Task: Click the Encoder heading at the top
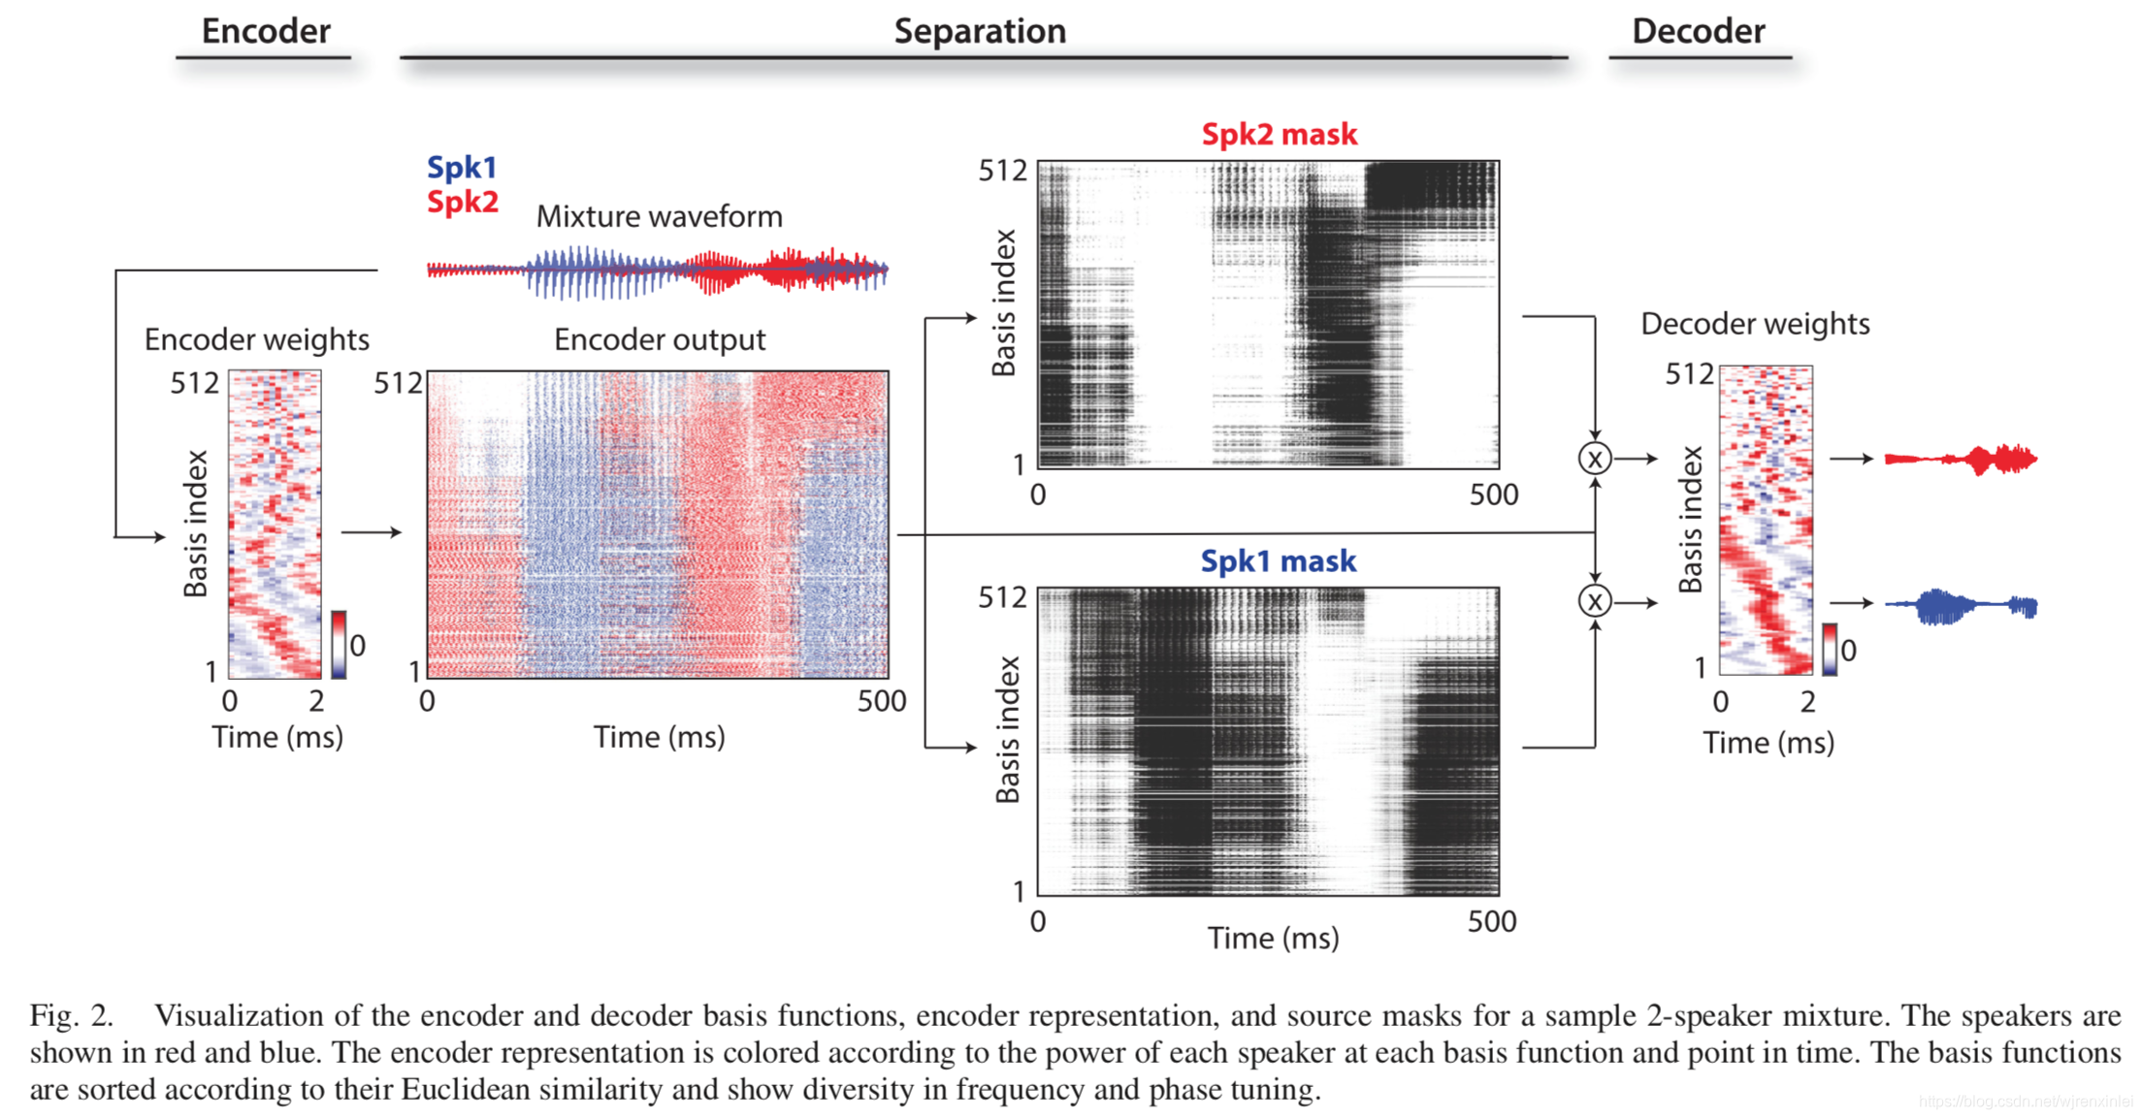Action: point(266,31)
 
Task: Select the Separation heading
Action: point(980,31)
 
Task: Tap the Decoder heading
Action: point(1698,31)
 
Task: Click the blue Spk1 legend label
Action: point(462,168)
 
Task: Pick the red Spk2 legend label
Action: point(463,202)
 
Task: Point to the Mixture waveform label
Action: point(659,216)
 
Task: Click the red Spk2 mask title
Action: point(1279,134)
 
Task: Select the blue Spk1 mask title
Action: point(1278,560)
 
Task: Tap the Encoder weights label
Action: point(257,339)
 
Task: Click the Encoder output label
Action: point(659,339)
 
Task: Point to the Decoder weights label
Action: point(1755,324)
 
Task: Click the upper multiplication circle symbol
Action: point(1595,459)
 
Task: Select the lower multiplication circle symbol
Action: point(1595,601)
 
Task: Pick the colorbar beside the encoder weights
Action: point(339,644)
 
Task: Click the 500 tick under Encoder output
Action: point(881,701)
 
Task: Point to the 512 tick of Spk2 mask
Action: point(1002,171)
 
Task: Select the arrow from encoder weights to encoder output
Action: point(371,531)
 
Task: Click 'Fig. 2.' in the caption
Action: point(71,1015)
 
